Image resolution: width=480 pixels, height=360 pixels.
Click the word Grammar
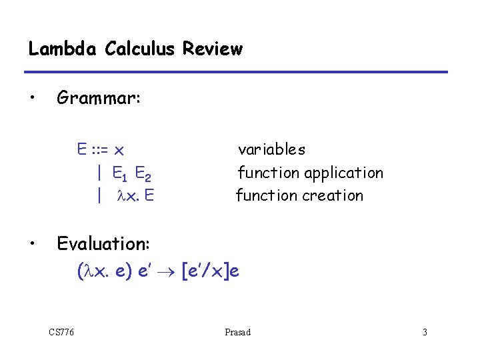coord(99,99)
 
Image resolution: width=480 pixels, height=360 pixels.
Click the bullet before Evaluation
coord(31,244)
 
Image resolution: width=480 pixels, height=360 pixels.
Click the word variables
coord(271,150)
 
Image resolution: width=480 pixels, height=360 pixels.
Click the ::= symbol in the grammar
coord(102,150)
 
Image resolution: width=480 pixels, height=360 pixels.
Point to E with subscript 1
coord(120,175)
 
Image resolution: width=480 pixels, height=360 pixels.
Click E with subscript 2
coord(143,175)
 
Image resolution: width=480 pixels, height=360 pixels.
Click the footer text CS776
coord(61,332)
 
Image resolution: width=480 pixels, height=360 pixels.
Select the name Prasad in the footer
coord(238,332)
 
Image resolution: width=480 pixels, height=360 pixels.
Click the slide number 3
coord(424,332)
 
